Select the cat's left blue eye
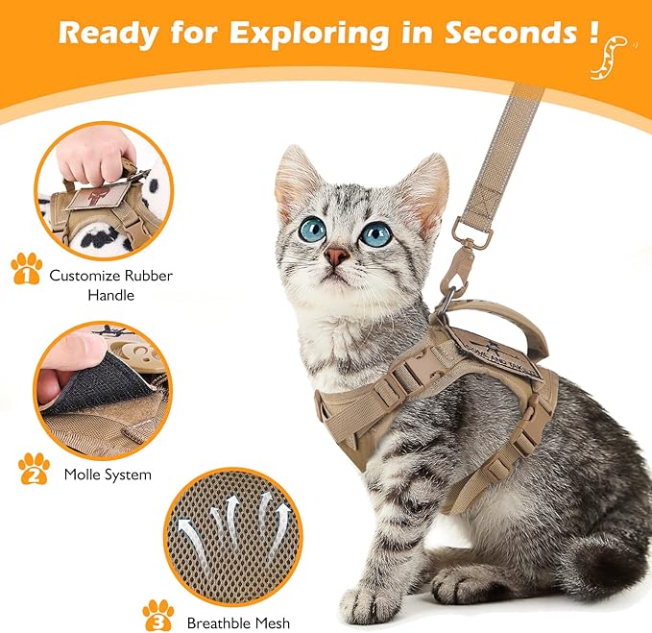point(312,229)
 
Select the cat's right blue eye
point(375,233)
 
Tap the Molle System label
point(108,475)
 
